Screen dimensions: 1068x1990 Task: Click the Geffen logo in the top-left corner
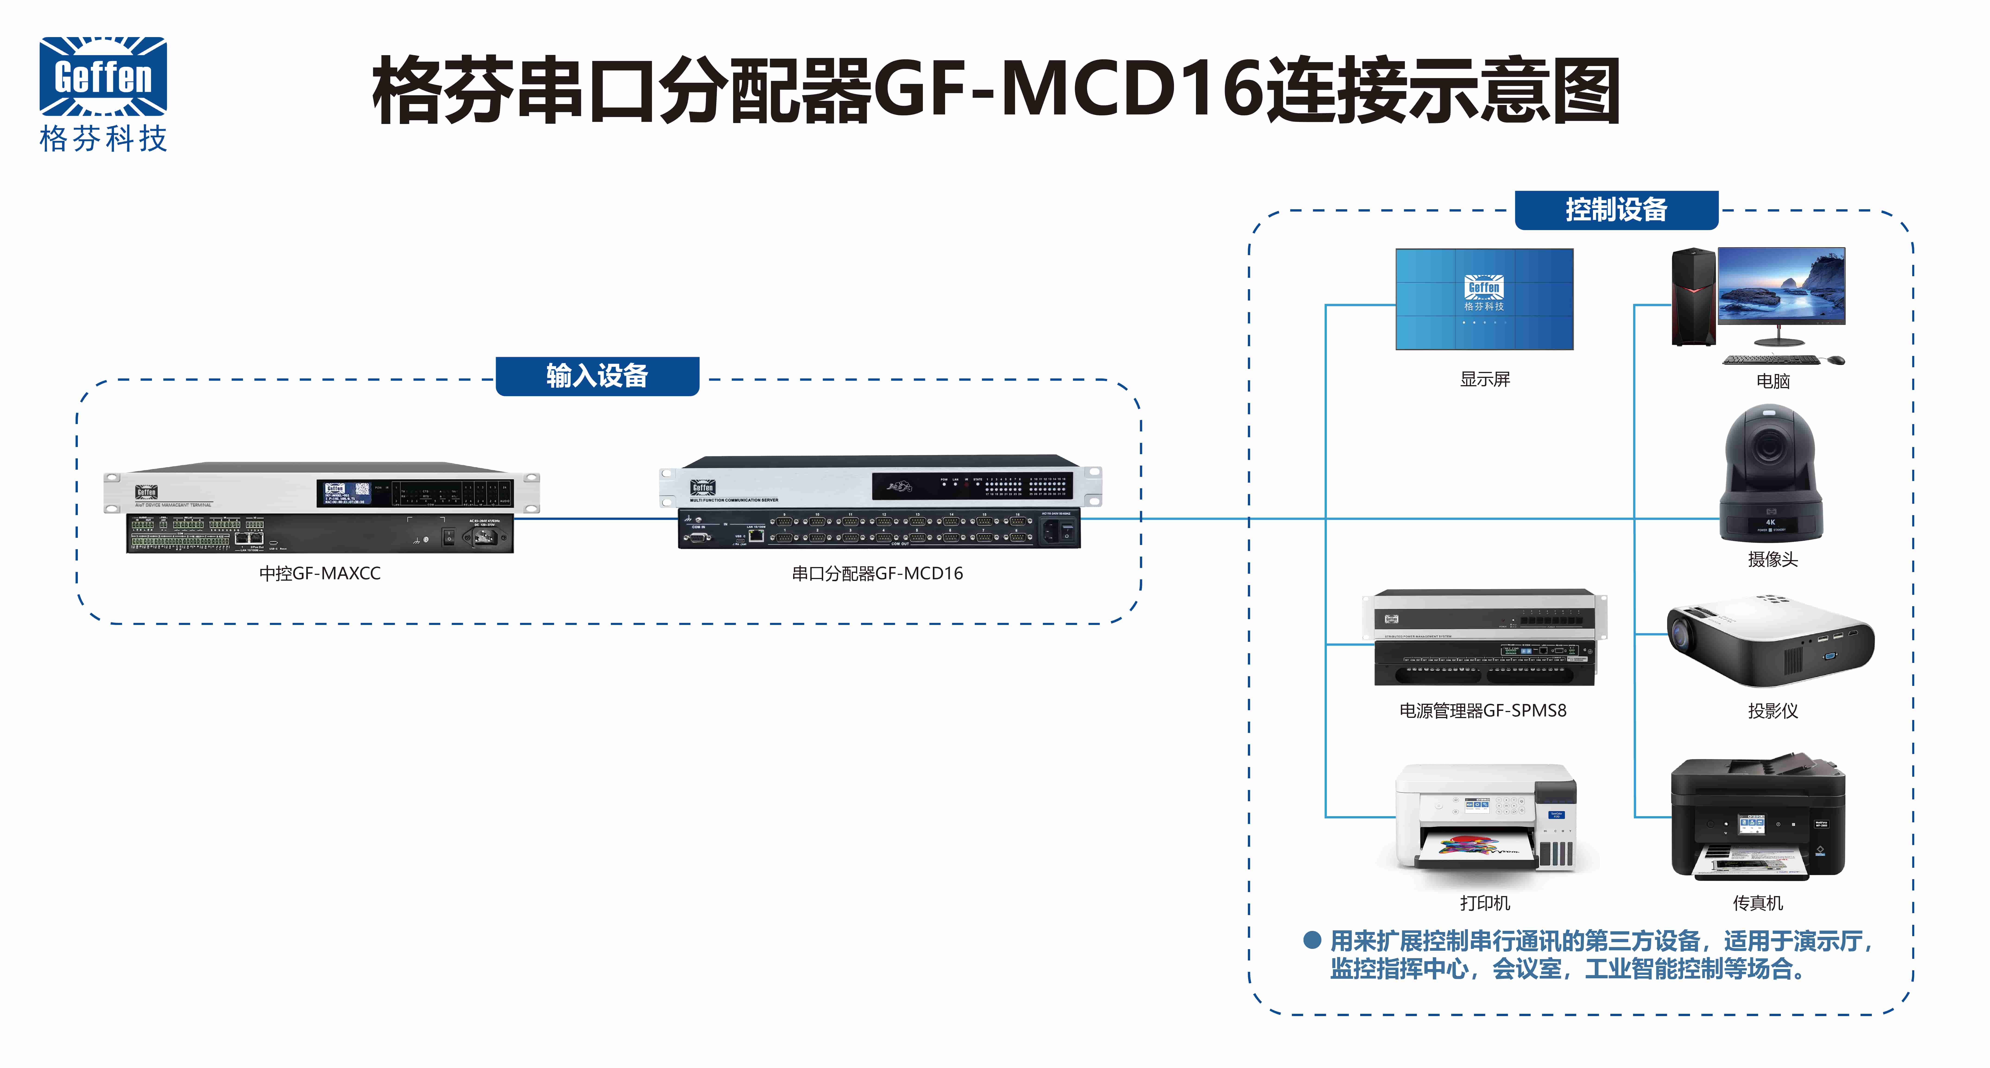click(103, 93)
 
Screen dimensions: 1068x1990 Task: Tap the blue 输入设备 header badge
click(597, 376)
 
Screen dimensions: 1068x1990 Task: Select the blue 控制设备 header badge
click(1616, 209)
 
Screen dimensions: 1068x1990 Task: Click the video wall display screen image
click(1484, 299)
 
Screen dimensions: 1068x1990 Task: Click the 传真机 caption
click(1757, 903)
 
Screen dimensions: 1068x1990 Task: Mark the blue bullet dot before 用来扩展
click(1312, 941)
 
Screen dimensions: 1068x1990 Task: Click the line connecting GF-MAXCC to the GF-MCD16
click(595, 519)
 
